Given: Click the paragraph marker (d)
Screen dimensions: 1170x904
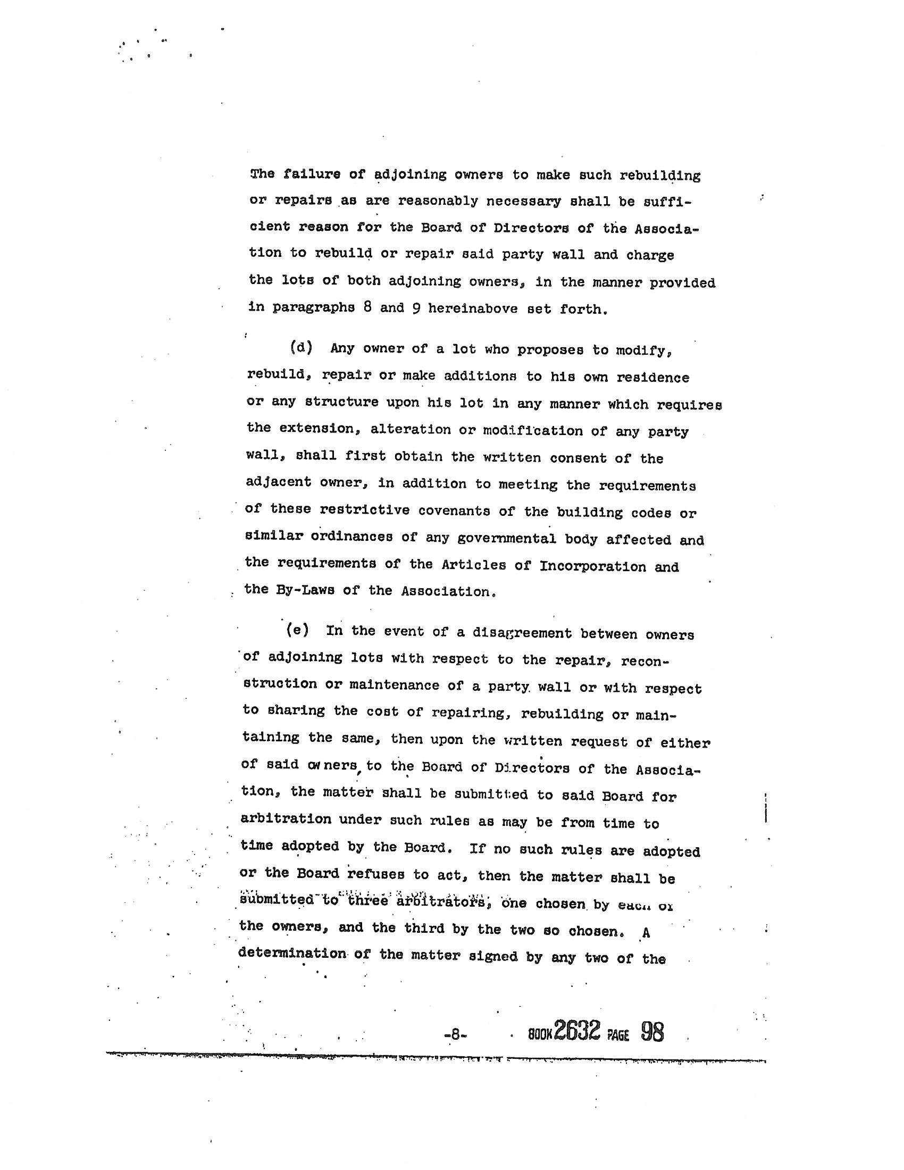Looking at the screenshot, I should (x=301, y=347).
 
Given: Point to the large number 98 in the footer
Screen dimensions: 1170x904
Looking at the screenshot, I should (x=652, y=1031).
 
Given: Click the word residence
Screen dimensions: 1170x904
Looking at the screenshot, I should (x=653, y=377).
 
